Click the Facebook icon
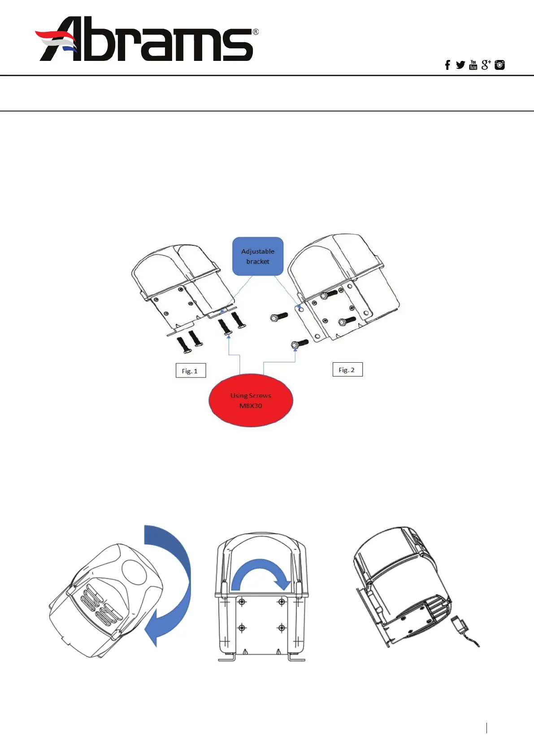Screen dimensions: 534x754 point(447,65)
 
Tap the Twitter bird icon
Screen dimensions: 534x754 point(460,65)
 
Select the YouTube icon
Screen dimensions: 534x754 point(473,65)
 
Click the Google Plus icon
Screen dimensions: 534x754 point(486,65)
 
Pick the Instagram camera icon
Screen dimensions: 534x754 point(499,65)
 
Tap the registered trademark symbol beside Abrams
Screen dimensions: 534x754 point(256,32)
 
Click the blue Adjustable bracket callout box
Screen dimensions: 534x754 point(258,256)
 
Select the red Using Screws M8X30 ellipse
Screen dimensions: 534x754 point(251,400)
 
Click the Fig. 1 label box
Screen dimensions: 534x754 point(190,371)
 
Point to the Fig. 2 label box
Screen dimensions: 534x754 point(347,370)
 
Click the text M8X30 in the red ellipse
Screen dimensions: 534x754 point(251,406)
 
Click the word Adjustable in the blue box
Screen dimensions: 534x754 point(258,251)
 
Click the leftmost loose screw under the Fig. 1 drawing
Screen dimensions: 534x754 point(183,345)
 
